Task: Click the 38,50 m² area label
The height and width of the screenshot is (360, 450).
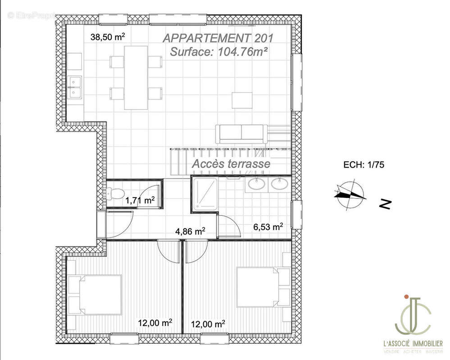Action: point(108,38)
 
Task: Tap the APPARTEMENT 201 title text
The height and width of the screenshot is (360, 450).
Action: point(218,38)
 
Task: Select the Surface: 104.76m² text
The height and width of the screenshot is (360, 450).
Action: point(219,51)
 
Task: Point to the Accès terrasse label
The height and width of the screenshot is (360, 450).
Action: point(231,164)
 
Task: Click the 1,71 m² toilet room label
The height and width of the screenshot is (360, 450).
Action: point(140,201)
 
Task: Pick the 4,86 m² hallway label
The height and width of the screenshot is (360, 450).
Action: point(190,232)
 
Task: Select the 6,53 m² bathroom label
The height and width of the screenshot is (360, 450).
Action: point(268,227)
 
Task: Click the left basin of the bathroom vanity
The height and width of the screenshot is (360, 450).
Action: point(258,184)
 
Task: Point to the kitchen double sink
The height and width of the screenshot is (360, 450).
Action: point(75,87)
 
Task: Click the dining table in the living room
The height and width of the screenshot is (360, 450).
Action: point(136,77)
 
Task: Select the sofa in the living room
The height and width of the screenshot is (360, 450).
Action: point(240,132)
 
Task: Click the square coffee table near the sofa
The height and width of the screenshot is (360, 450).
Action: point(242,100)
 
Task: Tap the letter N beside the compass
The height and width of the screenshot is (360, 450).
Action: point(385,205)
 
